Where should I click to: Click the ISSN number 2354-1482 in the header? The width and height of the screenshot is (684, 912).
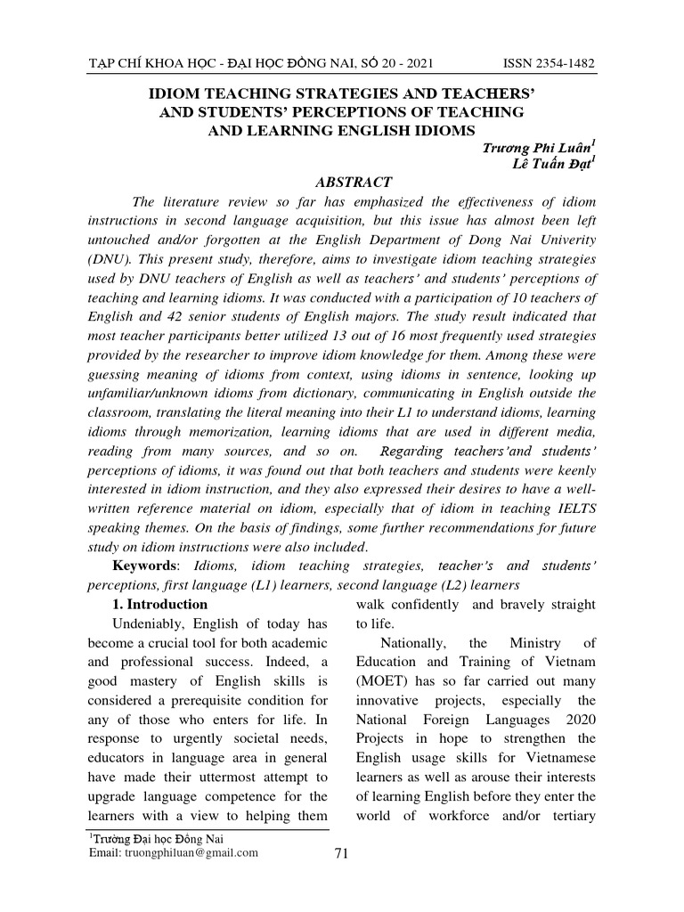coord(549,64)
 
